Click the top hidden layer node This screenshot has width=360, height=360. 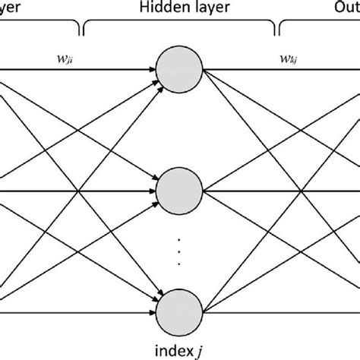pyautogui.click(x=179, y=71)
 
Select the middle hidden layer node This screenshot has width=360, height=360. pyautogui.click(x=179, y=189)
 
